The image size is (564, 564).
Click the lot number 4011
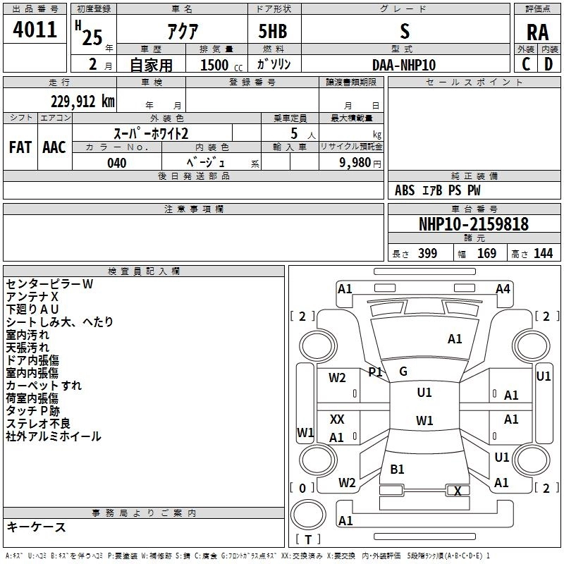[35, 30]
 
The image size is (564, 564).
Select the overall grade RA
[537, 32]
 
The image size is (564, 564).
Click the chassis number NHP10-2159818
[474, 224]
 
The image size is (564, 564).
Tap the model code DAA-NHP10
[404, 65]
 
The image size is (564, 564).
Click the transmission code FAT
[20, 147]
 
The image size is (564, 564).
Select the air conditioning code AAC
[54, 147]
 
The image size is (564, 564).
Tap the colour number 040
[116, 163]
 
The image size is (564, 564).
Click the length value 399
[427, 254]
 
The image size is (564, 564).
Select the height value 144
[543, 254]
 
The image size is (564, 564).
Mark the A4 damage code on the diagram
[503, 288]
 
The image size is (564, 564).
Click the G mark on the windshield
[403, 372]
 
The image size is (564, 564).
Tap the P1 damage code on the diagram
[375, 372]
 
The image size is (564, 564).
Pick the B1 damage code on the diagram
[397, 469]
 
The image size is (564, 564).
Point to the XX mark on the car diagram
[337, 419]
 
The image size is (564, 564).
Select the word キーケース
[36, 527]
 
